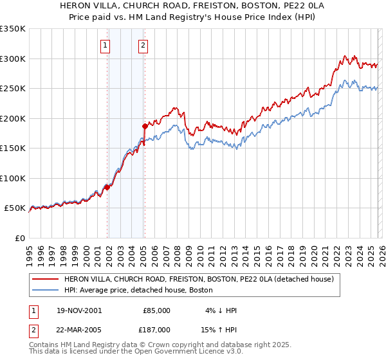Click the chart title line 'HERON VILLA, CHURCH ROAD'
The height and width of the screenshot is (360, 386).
192,5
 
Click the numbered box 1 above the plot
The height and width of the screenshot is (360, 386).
105,45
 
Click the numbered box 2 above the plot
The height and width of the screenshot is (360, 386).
142,45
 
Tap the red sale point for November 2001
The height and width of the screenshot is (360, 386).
107,187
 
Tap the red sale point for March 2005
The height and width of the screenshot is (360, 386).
145,127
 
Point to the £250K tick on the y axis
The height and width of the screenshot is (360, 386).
13,89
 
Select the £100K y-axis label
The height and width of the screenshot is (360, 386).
13,178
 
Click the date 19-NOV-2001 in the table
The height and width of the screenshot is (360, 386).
78,310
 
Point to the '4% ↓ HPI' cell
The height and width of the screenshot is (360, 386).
220,310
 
